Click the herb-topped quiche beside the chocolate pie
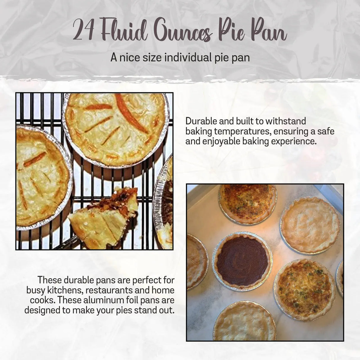pos(305,289)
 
